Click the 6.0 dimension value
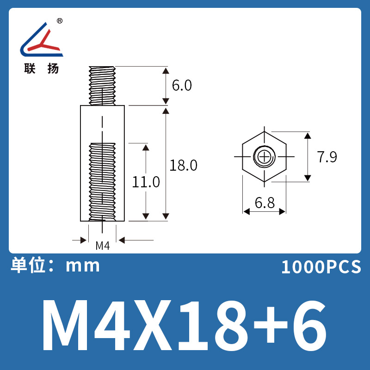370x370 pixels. [x=181, y=86]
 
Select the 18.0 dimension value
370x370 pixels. [x=183, y=165]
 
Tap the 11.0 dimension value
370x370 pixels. [x=146, y=182]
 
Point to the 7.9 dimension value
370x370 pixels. [x=327, y=157]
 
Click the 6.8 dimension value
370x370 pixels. [x=264, y=203]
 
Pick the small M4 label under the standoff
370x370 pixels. [x=102, y=246]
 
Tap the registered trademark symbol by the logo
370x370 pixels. [x=60, y=21]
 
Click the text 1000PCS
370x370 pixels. [x=321, y=267]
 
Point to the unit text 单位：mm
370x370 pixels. [x=55, y=265]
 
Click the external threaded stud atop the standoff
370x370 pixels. [x=102, y=86]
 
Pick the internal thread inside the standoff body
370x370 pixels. [x=102, y=180]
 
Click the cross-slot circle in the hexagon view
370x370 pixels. [x=264, y=156]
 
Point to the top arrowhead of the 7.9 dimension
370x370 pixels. [x=307, y=136]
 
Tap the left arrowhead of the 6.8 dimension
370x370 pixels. [x=247, y=211]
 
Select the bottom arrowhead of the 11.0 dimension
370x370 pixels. [x=146, y=216]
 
